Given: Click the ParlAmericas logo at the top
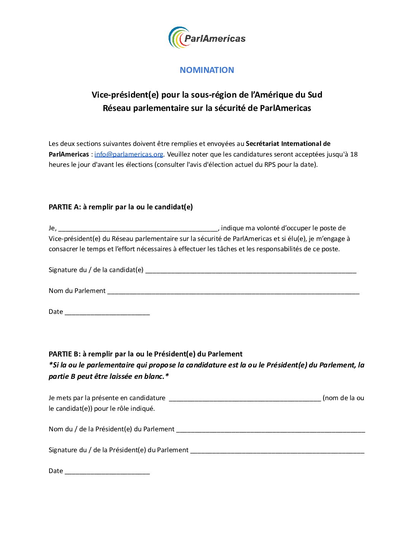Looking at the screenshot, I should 207,38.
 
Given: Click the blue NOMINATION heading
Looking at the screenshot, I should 207,70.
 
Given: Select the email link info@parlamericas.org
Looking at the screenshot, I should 129,154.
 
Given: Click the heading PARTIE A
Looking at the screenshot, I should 121,207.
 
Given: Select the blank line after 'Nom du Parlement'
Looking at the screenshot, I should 233,291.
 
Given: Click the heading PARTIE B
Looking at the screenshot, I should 145,354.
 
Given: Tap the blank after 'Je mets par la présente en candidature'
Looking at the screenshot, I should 245,399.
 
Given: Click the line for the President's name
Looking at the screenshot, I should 270,430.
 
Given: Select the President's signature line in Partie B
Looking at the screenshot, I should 277,451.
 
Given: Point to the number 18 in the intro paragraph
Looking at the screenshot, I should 353,154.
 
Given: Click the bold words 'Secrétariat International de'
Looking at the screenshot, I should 288,144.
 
